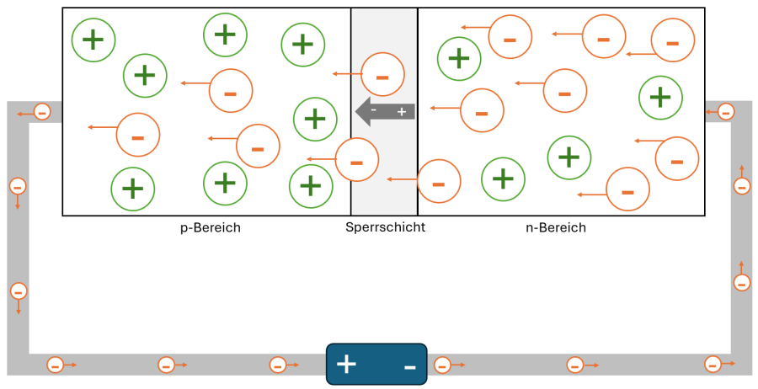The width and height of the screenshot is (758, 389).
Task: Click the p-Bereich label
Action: pyautogui.click(x=211, y=227)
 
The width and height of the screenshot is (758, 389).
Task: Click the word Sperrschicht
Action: pyautogui.click(x=385, y=227)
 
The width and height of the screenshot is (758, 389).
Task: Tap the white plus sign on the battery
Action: pyautogui.click(x=346, y=365)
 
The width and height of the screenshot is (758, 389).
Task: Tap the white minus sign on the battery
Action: pyautogui.click(x=409, y=366)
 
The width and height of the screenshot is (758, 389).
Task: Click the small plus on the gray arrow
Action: pyautogui.click(x=402, y=111)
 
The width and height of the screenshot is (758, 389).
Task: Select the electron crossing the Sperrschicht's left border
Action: pyautogui.click(x=356, y=158)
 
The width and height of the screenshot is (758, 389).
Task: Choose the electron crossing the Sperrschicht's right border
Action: pyautogui.click(x=438, y=181)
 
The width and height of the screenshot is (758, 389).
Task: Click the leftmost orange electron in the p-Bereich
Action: pyautogui.click(x=137, y=135)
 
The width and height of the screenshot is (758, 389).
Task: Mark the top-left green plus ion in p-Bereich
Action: pyautogui.click(x=93, y=38)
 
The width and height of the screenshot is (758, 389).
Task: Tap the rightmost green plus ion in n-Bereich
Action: pyautogui.click(x=660, y=97)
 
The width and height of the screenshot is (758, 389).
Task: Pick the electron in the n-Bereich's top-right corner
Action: pyautogui.click(x=673, y=40)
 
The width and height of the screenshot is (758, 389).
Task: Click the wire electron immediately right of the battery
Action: pyautogui.click(x=440, y=365)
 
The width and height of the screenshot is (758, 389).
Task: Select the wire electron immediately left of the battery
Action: pyautogui.click(x=278, y=365)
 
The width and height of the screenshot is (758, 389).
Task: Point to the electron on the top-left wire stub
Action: pyautogui.click(x=41, y=111)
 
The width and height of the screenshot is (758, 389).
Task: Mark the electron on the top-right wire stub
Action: pyautogui.click(x=724, y=111)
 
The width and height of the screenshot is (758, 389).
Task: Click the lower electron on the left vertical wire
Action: pyautogui.click(x=19, y=291)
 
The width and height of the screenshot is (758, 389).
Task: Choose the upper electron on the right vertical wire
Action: pyautogui.click(x=742, y=186)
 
